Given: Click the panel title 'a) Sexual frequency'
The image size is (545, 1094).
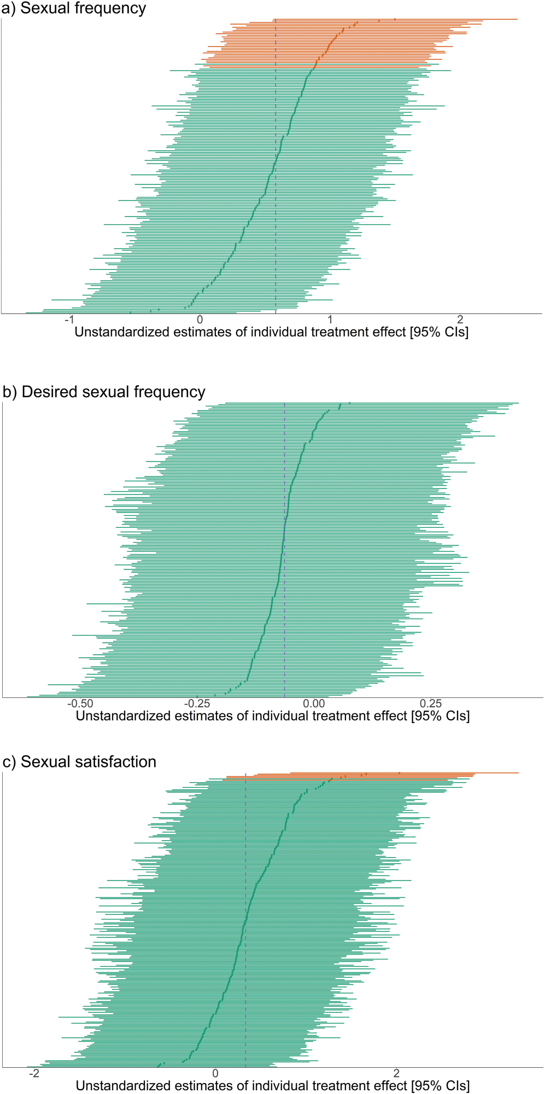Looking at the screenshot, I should click(x=74, y=9).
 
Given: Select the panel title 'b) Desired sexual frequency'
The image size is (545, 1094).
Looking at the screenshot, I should click(x=104, y=392).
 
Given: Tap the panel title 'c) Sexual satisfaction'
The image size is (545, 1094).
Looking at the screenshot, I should click(x=80, y=761).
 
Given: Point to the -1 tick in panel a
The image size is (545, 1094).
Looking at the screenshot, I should click(x=69, y=320).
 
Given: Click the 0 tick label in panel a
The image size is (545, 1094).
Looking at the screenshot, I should click(x=200, y=320).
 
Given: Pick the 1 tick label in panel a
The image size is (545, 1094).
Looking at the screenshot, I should click(x=330, y=320).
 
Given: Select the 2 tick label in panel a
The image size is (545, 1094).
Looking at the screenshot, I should click(x=460, y=320).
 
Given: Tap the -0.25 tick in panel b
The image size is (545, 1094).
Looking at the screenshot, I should click(x=197, y=703).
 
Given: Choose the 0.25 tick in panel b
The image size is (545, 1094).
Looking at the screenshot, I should click(x=431, y=703).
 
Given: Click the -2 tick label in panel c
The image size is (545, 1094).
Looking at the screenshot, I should click(x=34, y=1073).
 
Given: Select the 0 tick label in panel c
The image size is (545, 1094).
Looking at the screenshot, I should click(x=215, y=1073).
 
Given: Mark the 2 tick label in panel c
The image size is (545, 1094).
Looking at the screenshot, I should click(x=396, y=1073).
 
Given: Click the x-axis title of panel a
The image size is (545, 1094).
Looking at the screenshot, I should click(x=272, y=332).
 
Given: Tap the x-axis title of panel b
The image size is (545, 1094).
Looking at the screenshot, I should click(x=273, y=715).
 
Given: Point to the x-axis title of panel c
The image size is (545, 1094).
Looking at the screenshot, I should click(x=273, y=1086).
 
